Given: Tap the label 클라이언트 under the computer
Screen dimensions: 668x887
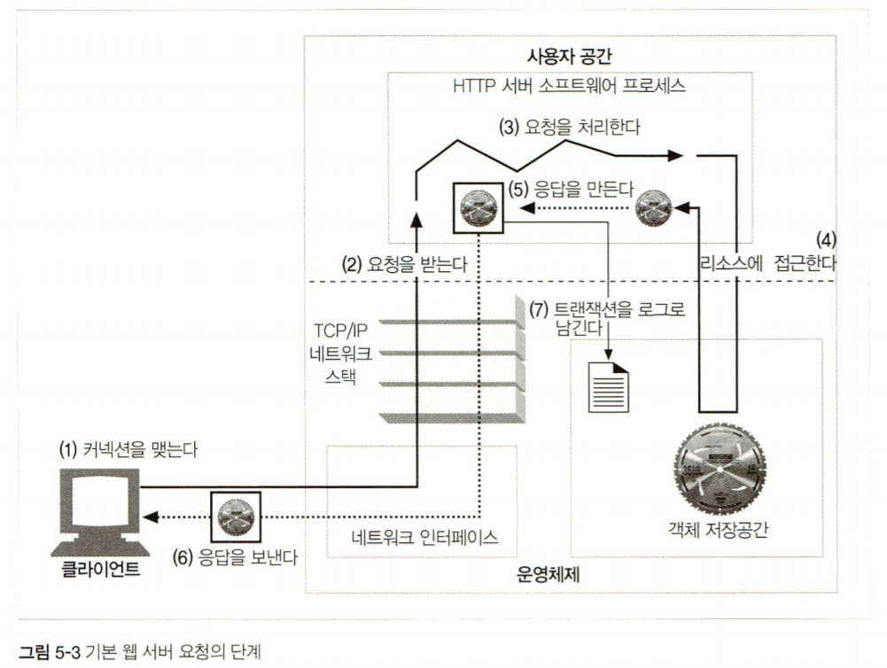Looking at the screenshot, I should [101, 568].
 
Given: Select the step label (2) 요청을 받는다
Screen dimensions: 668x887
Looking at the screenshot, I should [405, 264].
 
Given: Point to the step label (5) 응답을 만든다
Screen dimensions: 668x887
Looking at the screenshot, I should [559, 189].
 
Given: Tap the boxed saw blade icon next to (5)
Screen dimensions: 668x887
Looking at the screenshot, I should [478, 208].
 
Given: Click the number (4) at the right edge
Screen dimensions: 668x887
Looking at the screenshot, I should [826, 239].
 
